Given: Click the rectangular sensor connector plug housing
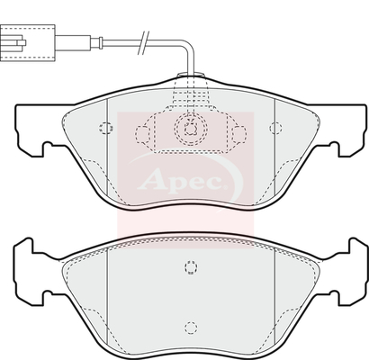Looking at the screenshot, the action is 28,43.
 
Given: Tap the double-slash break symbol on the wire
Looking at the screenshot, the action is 143,43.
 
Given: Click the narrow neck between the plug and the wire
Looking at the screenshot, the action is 73,42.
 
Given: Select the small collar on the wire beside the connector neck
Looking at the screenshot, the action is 101,42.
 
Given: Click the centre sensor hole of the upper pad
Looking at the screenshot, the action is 191,129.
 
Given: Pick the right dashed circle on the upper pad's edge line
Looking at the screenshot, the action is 275,128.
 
